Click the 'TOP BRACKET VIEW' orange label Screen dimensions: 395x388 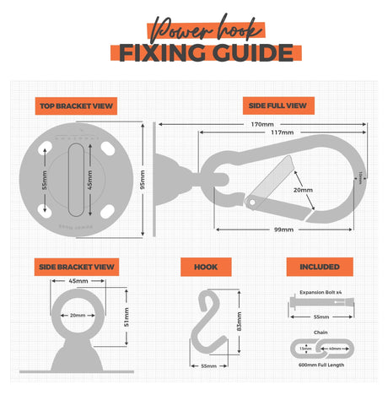pyautogui.click(x=76, y=106)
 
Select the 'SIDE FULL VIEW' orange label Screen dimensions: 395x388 pyautogui.click(x=278, y=106)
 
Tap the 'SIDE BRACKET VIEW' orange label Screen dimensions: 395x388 pyautogui.click(x=77, y=267)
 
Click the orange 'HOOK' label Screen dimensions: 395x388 pyautogui.click(x=205, y=267)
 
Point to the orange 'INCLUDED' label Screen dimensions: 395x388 pyautogui.click(x=319, y=267)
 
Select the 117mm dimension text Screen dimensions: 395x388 pyautogui.click(x=283, y=133)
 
